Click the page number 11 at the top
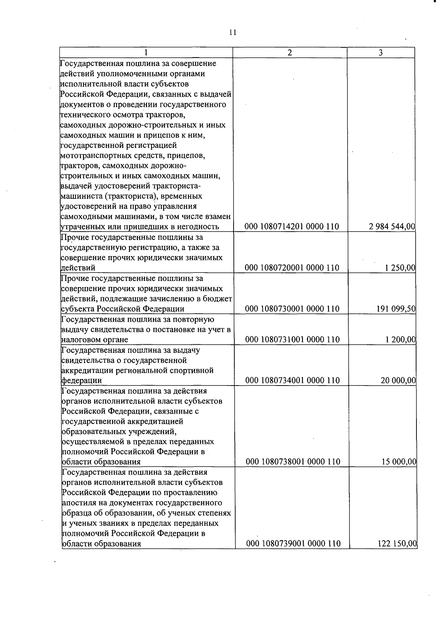coord(233,33)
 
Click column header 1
coord(146,53)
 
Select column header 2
coord(289,53)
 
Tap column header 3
coord(381,53)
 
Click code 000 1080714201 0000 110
coord(292,227)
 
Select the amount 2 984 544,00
coord(392,227)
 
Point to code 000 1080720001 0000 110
coord(292,268)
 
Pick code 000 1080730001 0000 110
coord(292,309)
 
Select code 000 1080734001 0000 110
coord(292,380)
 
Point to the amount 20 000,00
coord(398,380)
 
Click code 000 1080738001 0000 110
coord(293,462)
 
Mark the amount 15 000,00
coord(399,462)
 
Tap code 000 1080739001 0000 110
coord(293,543)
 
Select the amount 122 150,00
coord(397,543)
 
